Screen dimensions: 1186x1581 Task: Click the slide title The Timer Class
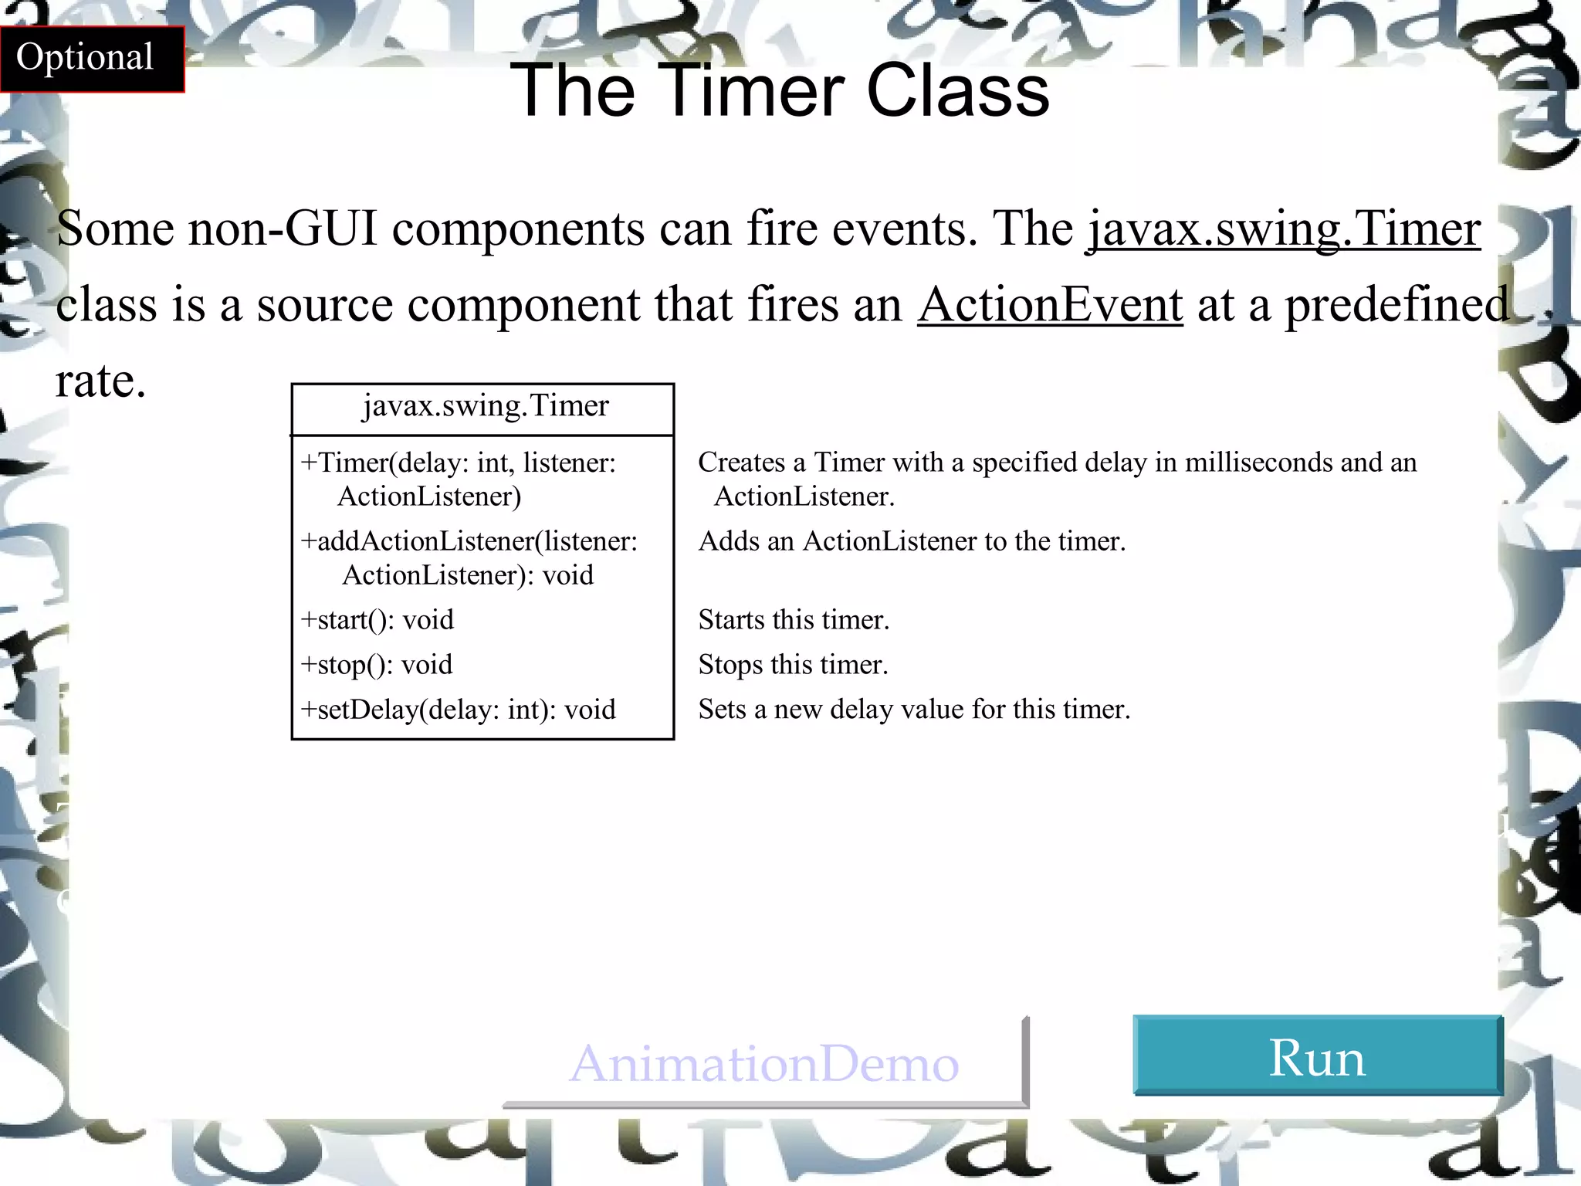coord(780,91)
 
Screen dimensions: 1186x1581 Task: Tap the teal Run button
coord(1317,1056)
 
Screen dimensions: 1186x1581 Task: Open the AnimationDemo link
coord(763,1064)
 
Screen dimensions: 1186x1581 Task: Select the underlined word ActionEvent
coord(1050,304)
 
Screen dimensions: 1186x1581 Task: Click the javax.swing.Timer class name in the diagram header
coord(486,406)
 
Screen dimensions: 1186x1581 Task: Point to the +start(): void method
coord(377,620)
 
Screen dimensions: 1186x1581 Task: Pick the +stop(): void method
coord(376,665)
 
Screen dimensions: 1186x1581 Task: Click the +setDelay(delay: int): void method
coord(458,710)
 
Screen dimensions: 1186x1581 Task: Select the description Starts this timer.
coord(794,620)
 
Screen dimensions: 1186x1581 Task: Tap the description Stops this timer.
coord(793,665)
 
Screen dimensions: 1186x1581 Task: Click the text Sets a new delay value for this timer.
coord(914,710)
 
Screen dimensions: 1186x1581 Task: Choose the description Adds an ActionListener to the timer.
coord(912,541)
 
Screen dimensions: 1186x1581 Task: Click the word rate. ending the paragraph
coord(100,381)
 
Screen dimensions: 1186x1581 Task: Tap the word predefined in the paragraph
coord(1396,304)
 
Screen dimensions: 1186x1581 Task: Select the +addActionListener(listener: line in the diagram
coord(469,541)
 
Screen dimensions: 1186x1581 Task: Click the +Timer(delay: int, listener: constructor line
coord(458,463)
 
